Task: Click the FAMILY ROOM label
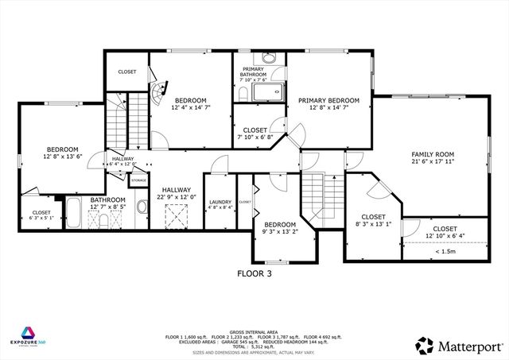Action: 432,154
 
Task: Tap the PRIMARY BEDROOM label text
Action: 328,101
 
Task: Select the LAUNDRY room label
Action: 220,202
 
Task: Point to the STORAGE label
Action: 138,181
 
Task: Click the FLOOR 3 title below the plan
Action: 254,273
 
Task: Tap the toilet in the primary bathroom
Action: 241,95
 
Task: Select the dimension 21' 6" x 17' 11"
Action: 432,161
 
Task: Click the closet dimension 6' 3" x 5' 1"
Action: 41,217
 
